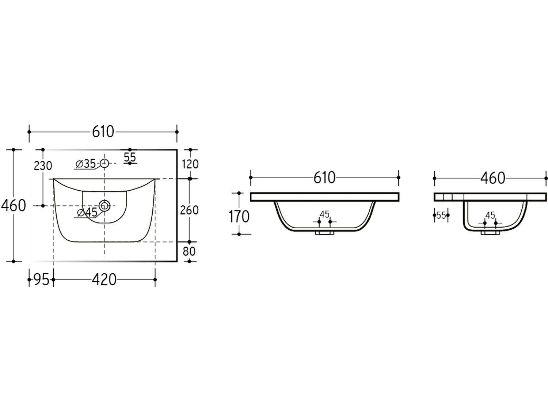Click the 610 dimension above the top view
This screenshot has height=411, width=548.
[103, 132]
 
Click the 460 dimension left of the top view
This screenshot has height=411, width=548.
[14, 205]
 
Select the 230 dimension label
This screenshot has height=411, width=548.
[43, 166]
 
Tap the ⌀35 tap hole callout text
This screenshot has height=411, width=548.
[85, 164]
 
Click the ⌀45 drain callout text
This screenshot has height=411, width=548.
[87, 212]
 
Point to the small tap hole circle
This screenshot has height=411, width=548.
[104, 163]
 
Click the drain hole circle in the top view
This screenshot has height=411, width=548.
[104, 206]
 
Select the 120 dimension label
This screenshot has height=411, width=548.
[190, 164]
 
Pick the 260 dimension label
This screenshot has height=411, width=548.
[189, 210]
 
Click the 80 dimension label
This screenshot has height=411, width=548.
[189, 251]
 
